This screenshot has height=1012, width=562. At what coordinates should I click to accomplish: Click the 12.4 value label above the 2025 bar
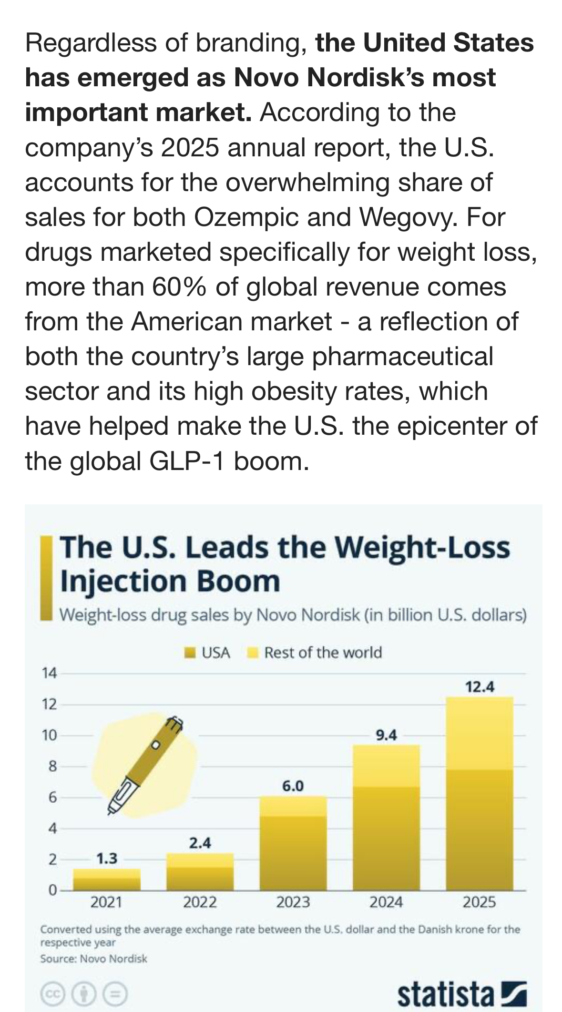(480, 687)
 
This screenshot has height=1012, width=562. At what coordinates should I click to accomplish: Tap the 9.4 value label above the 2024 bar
(386, 735)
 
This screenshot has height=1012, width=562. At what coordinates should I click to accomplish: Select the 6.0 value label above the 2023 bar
(293, 786)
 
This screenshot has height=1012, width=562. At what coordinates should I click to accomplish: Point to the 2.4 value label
(200, 843)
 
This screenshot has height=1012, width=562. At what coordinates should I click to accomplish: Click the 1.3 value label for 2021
(107, 859)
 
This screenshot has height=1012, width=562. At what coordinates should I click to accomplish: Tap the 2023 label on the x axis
(293, 902)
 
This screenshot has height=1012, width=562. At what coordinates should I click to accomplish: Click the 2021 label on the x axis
(107, 902)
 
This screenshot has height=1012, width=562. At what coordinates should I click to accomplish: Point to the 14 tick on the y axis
(49, 673)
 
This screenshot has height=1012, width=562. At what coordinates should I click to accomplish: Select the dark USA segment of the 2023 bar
(293, 853)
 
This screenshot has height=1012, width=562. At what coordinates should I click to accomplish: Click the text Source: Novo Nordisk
(93, 959)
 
